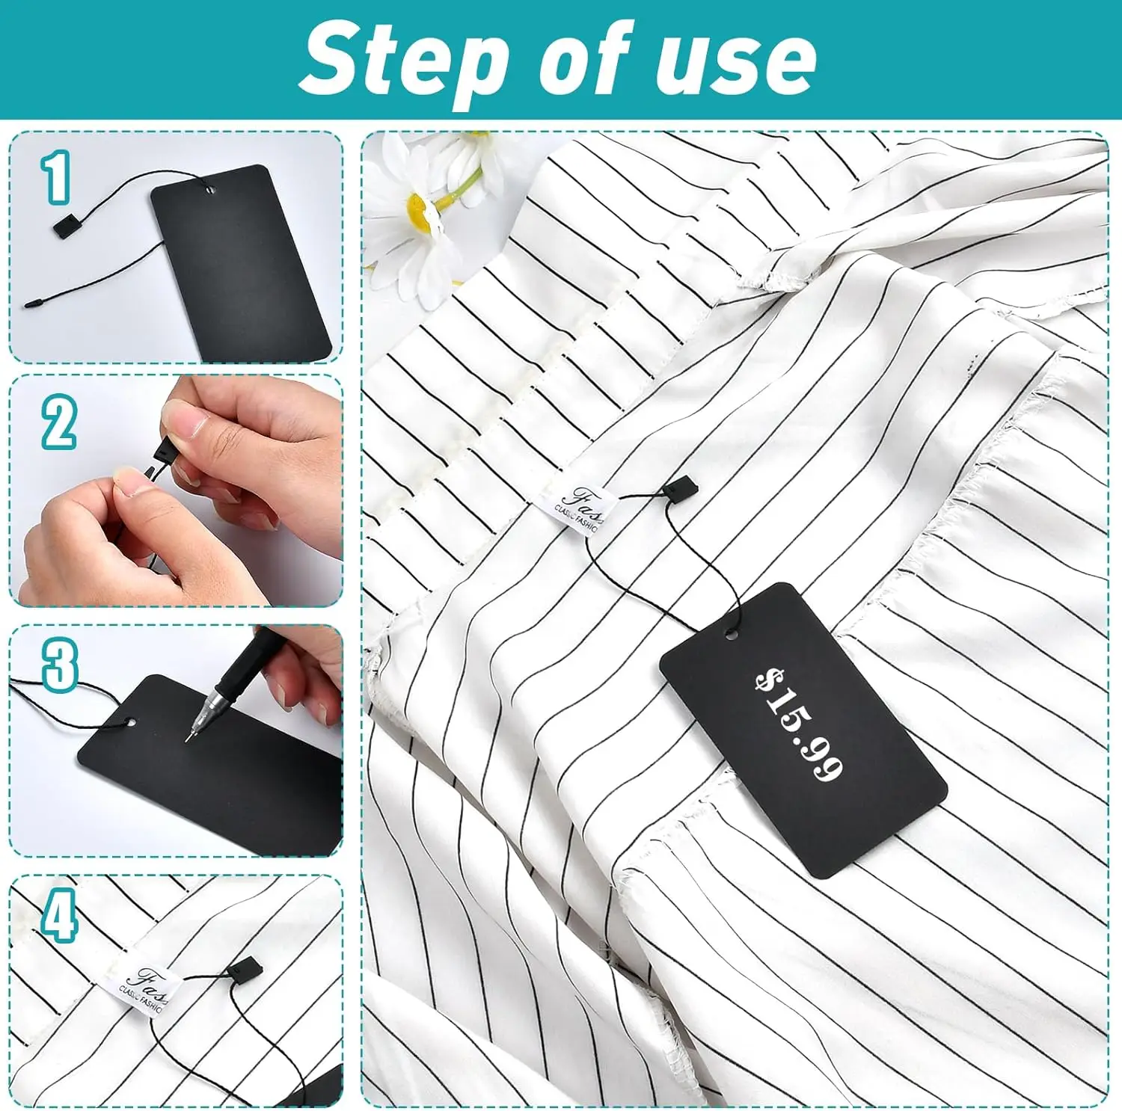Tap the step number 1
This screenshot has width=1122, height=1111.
click(57, 177)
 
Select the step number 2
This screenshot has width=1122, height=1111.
click(58, 422)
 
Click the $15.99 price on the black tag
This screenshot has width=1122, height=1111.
click(800, 724)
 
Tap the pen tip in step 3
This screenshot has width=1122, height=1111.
click(188, 738)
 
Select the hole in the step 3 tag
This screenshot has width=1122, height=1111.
click(132, 723)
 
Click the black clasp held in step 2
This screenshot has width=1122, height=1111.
click(162, 450)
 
